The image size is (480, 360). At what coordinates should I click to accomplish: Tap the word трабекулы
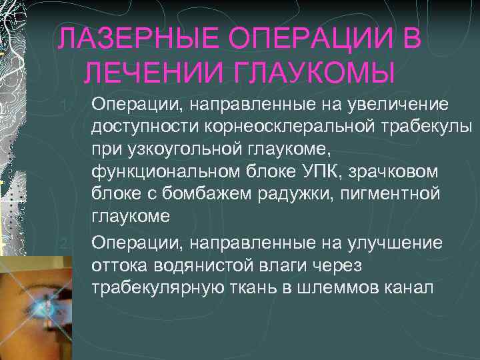pyautogui.click(x=425, y=127)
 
